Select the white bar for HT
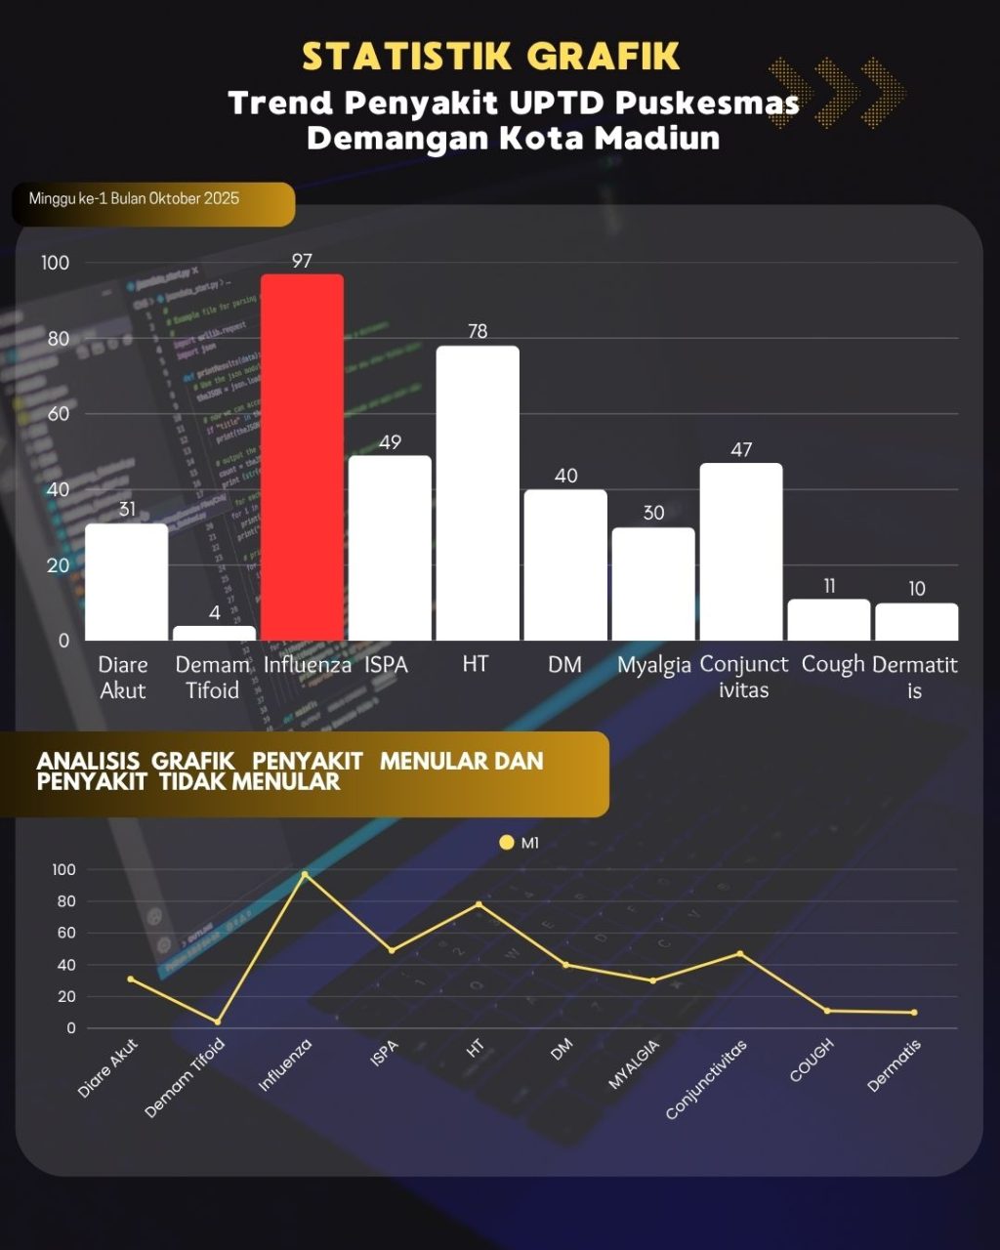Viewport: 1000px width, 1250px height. pyautogui.click(x=478, y=493)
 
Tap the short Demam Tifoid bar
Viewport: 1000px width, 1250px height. pyautogui.click(x=214, y=633)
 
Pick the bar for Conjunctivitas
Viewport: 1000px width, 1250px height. pyautogui.click(x=741, y=552)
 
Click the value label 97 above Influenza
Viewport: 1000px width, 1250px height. pyautogui.click(x=302, y=261)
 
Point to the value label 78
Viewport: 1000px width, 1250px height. pyautogui.click(x=478, y=331)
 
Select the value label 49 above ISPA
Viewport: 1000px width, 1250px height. pyautogui.click(x=390, y=442)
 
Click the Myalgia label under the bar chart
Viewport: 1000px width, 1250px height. pyautogui.click(x=654, y=665)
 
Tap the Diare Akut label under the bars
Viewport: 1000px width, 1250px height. pyautogui.click(x=123, y=677)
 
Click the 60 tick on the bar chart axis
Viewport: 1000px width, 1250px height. pyautogui.click(x=58, y=413)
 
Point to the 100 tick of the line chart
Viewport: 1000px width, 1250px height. pyautogui.click(x=63, y=869)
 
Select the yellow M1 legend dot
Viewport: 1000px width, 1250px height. pyautogui.click(x=506, y=842)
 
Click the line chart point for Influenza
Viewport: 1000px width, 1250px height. pyautogui.click(x=305, y=874)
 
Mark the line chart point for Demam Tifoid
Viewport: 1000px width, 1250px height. pyautogui.click(x=218, y=1021)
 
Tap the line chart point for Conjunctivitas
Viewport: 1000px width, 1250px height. pyautogui.click(x=740, y=953)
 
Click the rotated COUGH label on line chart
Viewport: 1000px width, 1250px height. pyautogui.click(x=812, y=1060)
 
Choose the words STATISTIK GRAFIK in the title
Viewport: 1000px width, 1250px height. pyautogui.click(x=490, y=57)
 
